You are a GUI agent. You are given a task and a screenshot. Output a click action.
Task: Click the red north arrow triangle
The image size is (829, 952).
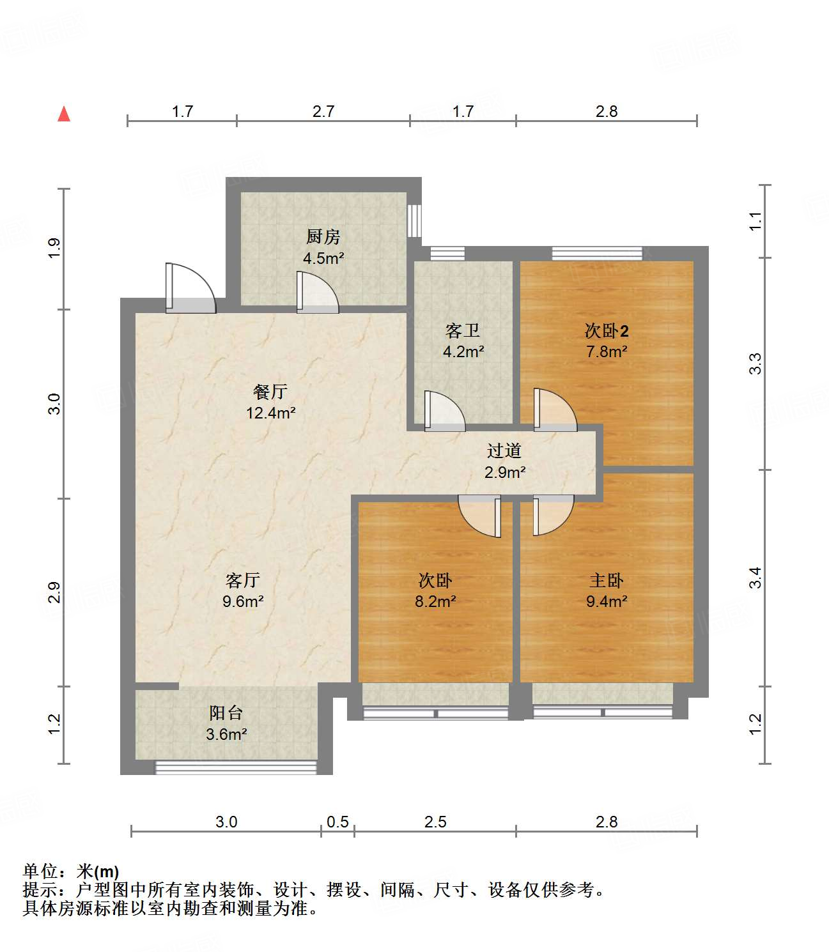coord(64,114)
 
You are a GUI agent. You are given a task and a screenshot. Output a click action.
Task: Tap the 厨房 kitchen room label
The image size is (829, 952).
coord(323,237)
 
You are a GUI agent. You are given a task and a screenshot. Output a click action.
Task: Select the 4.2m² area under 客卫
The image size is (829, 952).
coord(463,351)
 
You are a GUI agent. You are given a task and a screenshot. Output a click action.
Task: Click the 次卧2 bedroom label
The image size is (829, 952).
coord(606,331)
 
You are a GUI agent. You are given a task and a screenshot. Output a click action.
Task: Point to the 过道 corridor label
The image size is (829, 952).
coord(504,451)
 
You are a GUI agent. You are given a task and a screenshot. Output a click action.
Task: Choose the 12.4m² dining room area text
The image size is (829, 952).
coord(271,413)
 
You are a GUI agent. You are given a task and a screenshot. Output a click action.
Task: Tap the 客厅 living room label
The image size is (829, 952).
coord(243,580)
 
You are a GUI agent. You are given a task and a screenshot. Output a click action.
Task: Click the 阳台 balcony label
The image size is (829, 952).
coord(226,713)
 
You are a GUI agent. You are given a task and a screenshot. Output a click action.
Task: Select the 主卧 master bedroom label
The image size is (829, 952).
coord(606,580)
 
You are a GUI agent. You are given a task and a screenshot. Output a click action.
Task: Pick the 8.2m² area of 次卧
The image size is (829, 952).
coord(435,601)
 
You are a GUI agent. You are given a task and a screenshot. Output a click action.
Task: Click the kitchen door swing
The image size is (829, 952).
coord(316,293)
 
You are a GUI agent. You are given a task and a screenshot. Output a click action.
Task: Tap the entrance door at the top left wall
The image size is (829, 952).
coord(190,289)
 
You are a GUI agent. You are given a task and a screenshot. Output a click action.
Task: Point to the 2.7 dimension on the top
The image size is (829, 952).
coord(323,111)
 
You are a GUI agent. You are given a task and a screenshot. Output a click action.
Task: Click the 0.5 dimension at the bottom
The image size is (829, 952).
coord(337,822)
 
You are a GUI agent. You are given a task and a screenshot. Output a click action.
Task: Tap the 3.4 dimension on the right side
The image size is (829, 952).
coord(755,578)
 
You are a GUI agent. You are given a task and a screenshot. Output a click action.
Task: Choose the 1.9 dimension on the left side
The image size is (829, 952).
coord(54,247)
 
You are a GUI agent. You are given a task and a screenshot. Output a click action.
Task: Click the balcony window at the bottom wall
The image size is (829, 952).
coord(236,766)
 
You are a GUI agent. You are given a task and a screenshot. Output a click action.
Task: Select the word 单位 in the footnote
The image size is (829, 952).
coord(40,871)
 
